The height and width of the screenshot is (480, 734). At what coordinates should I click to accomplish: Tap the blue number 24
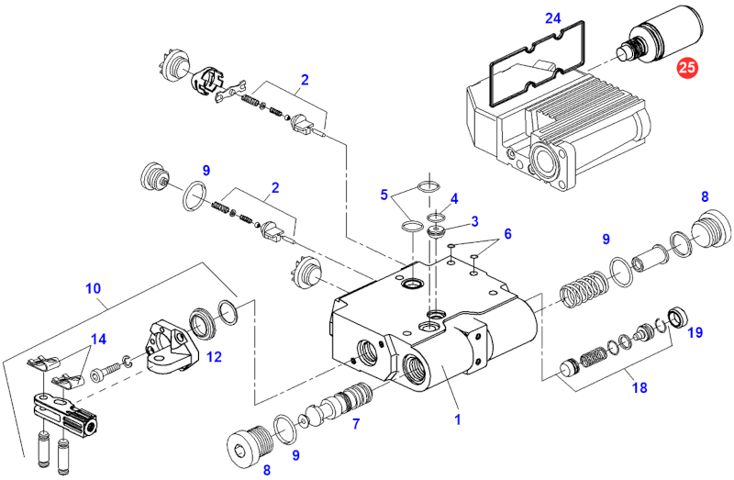pyautogui.click(x=552, y=18)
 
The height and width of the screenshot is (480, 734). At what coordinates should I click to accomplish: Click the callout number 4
pyautogui.click(x=385, y=194)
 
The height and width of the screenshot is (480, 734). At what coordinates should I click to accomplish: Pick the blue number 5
pyautogui.click(x=506, y=233)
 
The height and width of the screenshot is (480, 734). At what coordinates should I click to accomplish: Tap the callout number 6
pyautogui.click(x=355, y=423)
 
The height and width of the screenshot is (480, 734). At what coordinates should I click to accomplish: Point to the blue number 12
pyautogui.click(x=213, y=357)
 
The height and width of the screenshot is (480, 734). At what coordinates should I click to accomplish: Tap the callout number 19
pyautogui.click(x=695, y=332)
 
